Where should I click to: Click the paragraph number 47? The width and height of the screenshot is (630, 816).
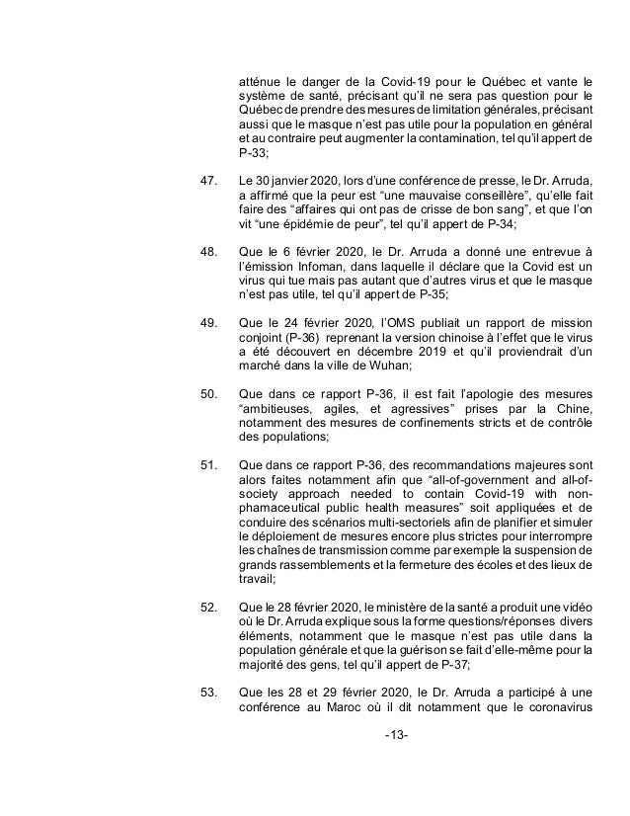[208, 182]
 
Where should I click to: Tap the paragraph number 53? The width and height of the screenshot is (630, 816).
[208, 691]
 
